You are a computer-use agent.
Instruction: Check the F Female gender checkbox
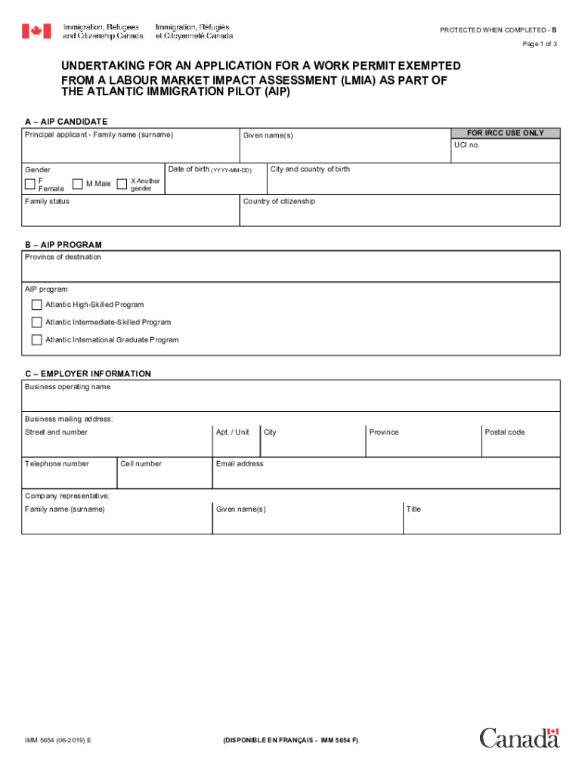click(30, 184)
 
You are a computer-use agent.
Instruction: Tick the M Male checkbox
click(78, 184)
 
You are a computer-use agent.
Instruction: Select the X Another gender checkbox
click(122, 184)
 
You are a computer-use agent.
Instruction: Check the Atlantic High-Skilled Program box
click(36, 305)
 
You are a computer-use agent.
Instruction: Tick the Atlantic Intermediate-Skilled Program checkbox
click(36, 322)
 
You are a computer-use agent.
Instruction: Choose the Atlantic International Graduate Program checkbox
click(36, 340)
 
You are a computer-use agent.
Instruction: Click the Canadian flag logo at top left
click(36, 31)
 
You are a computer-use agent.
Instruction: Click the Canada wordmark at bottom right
click(519, 738)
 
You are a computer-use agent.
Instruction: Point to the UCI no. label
click(466, 145)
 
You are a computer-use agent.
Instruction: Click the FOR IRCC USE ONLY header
click(505, 133)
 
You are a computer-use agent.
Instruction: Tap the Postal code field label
click(504, 432)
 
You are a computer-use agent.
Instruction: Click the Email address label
click(240, 464)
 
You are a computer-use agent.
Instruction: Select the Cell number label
click(141, 464)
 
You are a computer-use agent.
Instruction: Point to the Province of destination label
click(63, 258)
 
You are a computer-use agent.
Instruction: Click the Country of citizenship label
click(279, 202)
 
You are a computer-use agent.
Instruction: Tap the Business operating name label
click(67, 387)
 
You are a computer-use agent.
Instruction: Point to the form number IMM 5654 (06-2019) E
click(58, 741)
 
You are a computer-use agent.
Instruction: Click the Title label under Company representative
click(413, 509)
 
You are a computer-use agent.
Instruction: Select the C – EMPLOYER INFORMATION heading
click(88, 374)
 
